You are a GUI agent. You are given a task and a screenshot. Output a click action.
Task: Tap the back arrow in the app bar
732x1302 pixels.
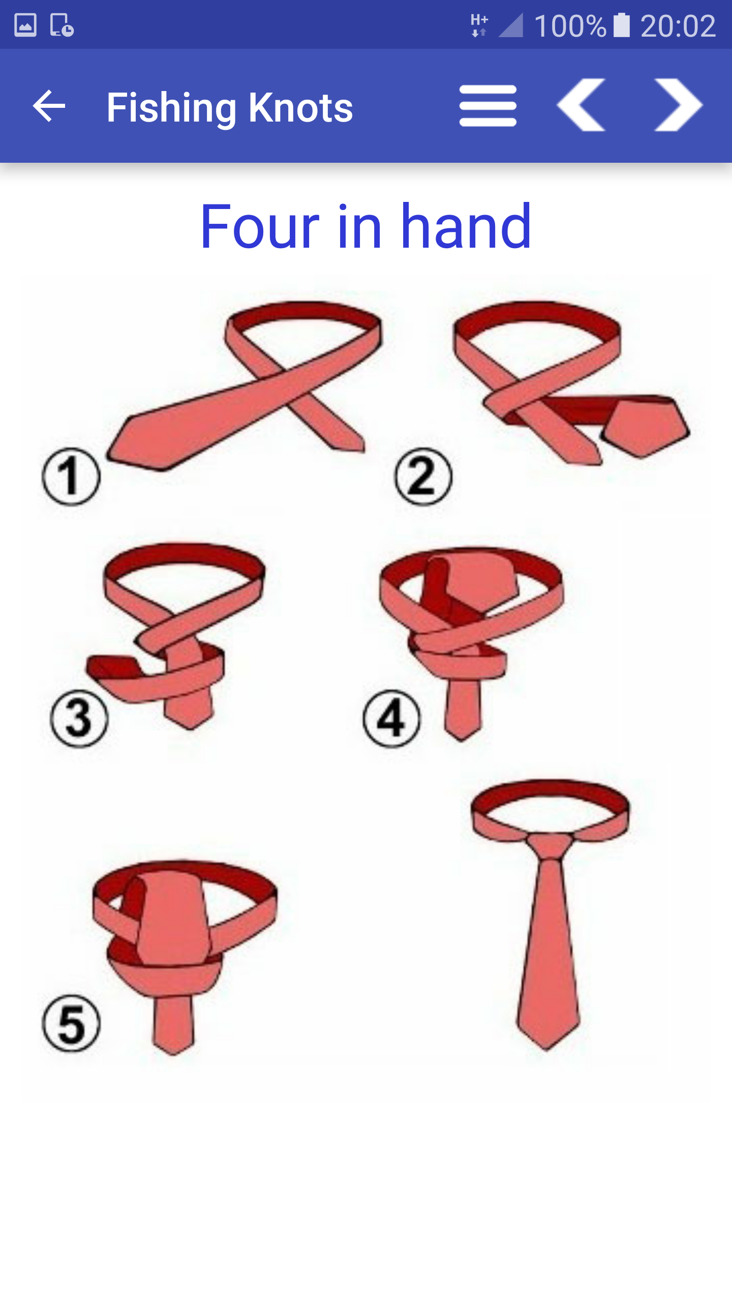tap(49, 106)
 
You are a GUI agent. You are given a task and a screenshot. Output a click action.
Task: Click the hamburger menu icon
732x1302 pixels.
tap(488, 106)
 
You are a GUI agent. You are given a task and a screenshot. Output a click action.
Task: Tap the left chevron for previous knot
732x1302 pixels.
tap(581, 105)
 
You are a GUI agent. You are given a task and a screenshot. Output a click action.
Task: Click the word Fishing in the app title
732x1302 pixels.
tap(172, 108)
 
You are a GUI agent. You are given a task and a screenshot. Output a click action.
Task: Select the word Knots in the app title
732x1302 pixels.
tap(301, 108)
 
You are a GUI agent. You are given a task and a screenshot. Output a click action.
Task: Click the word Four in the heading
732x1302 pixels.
tap(260, 226)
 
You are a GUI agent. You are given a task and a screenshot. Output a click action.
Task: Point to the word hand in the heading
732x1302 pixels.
tap(466, 225)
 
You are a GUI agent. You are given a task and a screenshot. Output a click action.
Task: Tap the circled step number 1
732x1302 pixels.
tap(71, 477)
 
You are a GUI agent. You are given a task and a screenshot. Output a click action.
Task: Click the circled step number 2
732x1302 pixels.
tap(423, 477)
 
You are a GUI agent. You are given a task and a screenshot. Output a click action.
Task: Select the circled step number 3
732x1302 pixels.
tap(79, 719)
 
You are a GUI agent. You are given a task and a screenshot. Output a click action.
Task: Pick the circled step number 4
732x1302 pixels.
tap(391, 719)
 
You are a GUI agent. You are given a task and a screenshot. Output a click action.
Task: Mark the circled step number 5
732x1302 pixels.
tap(71, 1023)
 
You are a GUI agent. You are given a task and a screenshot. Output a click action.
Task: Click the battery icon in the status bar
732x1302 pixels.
tap(622, 25)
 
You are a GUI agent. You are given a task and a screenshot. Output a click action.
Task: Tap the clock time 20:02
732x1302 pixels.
tap(678, 26)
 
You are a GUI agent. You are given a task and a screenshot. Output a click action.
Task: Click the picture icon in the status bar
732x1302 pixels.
tap(25, 25)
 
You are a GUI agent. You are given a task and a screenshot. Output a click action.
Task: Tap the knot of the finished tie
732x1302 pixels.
tap(550, 846)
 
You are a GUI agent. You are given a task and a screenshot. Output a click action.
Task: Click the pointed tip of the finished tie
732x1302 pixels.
tap(546, 1049)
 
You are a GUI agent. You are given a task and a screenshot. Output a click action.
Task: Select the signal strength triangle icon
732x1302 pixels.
tap(511, 25)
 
